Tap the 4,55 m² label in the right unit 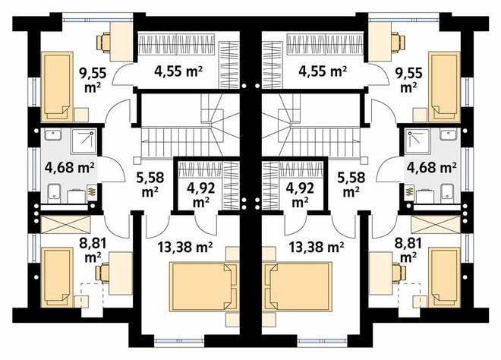tap(323, 71)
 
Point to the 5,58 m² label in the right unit tap(351, 185)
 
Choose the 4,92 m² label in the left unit tap(201, 194)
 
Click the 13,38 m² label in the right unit tap(317, 247)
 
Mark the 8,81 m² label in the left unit tap(93, 249)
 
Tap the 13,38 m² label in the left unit tap(185, 247)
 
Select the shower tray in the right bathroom tap(417, 141)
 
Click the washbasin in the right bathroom tap(449, 134)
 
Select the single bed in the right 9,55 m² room tap(444, 87)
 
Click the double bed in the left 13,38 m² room tap(204, 286)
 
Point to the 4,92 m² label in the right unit tap(300, 194)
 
